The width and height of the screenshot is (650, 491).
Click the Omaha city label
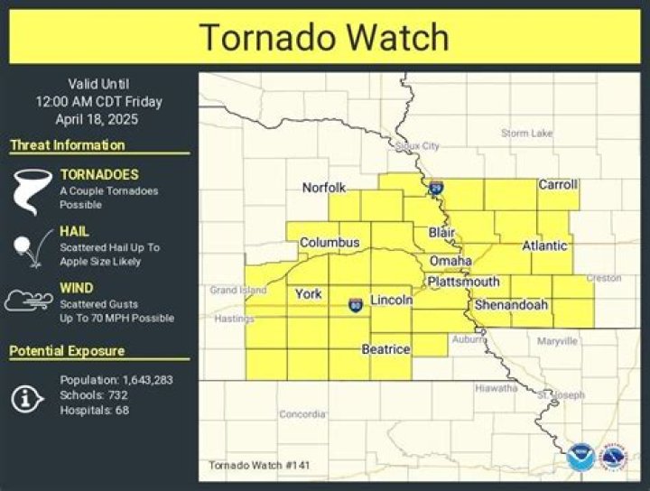450,261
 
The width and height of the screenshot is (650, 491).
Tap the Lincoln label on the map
392,300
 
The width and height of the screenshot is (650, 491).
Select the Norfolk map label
324,188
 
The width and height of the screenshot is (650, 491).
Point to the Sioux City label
417,145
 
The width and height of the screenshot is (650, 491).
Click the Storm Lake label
526,134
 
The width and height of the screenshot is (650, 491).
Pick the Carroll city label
558,185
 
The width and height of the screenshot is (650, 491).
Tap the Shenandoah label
511,305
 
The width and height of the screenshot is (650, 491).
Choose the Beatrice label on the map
386,348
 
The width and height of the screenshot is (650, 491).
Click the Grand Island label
237,291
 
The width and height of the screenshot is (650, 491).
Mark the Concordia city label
302,414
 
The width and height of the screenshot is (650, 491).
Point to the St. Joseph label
561,395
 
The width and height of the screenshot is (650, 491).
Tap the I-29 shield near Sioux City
436,189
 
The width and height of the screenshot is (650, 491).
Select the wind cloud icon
29,301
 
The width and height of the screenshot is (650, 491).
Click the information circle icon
28,396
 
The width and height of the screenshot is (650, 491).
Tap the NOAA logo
580,457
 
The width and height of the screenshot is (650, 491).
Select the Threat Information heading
68,145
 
